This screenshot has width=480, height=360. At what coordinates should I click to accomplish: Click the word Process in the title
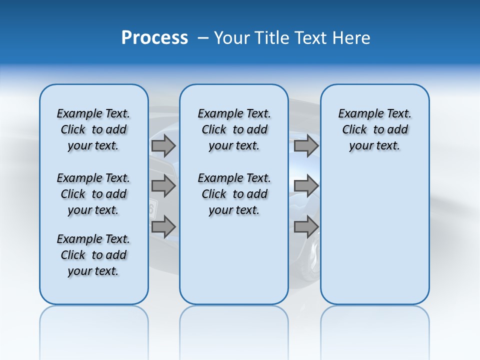[x=154, y=38]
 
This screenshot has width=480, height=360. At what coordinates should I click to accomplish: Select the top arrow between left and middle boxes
[x=163, y=146]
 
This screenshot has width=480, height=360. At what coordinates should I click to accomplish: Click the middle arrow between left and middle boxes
[x=163, y=186]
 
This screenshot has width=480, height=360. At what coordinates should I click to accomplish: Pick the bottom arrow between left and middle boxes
[x=163, y=227]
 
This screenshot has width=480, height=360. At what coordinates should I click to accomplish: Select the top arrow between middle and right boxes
[x=306, y=146]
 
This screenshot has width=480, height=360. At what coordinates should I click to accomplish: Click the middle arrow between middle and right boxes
[x=306, y=186]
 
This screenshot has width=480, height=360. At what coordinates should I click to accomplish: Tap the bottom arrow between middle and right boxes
[x=306, y=227]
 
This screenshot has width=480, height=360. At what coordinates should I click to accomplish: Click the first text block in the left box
[x=93, y=129]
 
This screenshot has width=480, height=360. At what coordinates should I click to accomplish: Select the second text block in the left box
[x=93, y=194]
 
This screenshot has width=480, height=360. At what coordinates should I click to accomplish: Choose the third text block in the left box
[x=93, y=255]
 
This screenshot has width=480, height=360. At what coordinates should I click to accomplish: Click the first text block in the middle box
[x=234, y=129]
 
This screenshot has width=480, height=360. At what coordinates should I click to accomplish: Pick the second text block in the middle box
[x=234, y=194]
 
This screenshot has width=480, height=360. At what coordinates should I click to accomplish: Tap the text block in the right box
[x=374, y=129]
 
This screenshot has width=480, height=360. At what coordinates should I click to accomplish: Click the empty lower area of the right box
[x=374, y=240]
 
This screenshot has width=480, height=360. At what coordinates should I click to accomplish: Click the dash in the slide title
[x=203, y=38]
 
